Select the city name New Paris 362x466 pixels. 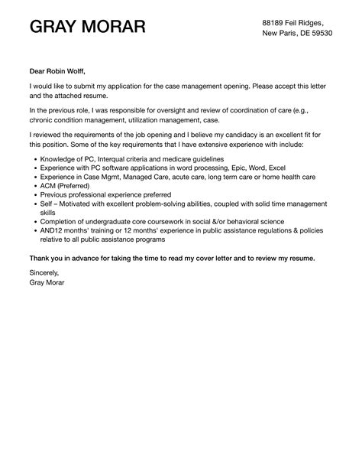(x=280, y=34)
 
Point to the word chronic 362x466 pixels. (x=44, y=119)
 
